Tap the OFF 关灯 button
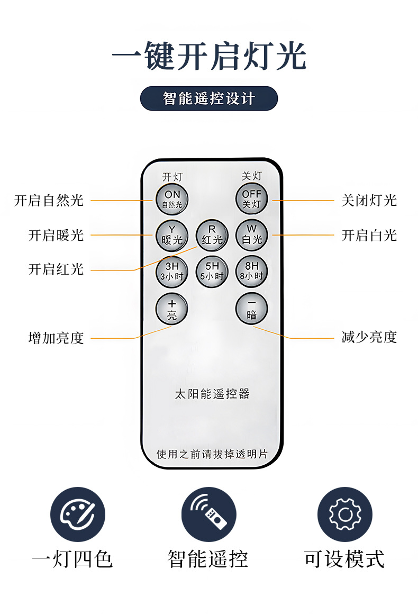click(251, 199)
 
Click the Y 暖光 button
click(171, 234)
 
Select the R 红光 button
click(212, 234)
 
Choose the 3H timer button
click(171, 271)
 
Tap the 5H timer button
click(212, 271)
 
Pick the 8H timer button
click(251, 271)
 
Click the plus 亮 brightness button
click(171, 309)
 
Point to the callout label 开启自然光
click(49, 201)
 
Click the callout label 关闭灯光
click(369, 201)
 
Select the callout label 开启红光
click(56, 269)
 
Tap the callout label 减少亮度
click(369, 337)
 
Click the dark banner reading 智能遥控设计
click(208, 98)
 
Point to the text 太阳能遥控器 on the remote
click(212, 394)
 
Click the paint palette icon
click(78, 514)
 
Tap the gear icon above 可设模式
click(344, 514)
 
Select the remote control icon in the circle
click(208, 514)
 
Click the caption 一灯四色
click(72, 559)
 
